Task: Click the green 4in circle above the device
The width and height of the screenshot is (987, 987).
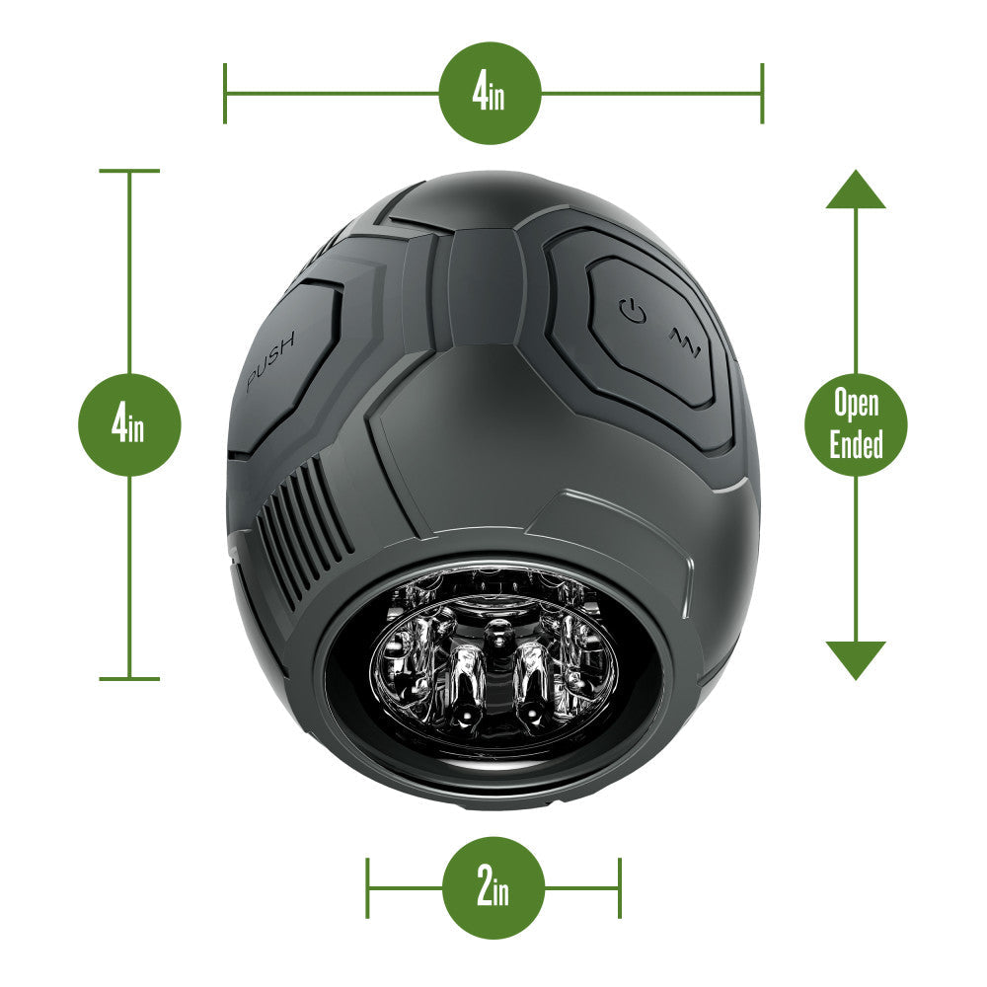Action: (491, 94)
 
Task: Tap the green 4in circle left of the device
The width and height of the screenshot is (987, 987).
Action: (129, 425)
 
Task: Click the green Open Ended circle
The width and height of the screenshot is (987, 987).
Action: (856, 425)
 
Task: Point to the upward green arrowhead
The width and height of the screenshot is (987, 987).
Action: (856, 190)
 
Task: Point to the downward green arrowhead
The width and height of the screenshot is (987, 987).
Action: (856, 659)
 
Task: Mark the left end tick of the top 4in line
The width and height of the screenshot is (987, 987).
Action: (225, 94)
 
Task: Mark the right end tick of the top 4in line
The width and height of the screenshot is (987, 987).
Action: (762, 94)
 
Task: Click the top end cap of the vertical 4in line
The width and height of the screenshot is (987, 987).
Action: (129, 171)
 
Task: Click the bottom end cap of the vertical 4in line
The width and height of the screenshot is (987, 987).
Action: (129, 679)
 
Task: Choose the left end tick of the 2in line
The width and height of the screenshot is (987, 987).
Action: (367, 887)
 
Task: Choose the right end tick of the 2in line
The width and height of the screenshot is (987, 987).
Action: (620, 887)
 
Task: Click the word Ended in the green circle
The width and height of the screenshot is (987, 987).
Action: (856, 445)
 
